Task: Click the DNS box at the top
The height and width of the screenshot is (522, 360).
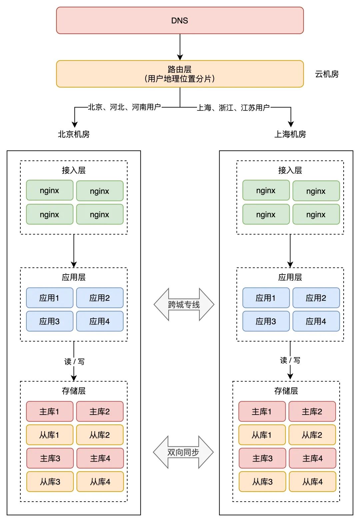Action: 180,20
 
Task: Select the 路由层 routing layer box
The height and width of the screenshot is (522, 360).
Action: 180,74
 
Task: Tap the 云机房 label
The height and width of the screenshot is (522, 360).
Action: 327,74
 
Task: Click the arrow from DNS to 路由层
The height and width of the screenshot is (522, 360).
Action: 180,47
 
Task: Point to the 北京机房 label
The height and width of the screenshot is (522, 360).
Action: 74,134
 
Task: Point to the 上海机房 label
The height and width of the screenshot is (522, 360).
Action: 290,134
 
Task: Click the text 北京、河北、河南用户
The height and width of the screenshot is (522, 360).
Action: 124,107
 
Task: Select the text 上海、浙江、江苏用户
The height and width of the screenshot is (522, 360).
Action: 233,107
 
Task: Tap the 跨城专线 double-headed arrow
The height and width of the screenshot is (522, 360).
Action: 184,305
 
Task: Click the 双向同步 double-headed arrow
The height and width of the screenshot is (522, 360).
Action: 183,452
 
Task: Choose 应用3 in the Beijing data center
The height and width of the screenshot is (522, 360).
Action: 49,321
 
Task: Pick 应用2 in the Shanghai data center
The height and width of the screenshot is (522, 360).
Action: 316,298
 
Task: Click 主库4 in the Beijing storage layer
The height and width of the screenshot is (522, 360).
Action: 100,458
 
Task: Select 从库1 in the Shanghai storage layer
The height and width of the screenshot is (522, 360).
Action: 262,435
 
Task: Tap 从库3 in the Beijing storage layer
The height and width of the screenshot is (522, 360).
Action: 50,482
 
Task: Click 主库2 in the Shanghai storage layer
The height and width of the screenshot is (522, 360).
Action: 312,412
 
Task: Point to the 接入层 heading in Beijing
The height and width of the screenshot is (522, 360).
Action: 74,170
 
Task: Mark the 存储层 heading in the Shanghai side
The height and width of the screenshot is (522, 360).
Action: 286,391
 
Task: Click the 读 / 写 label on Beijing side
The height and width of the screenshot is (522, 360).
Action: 74,362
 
